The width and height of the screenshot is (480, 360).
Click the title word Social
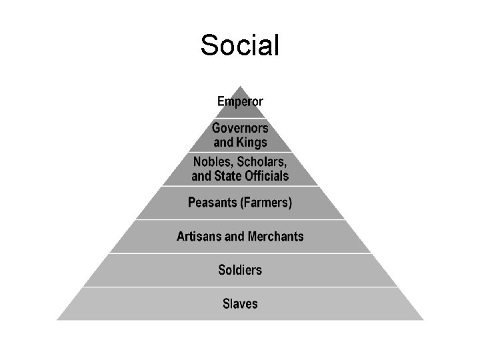point(240,45)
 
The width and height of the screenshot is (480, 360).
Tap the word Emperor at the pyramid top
point(240,101)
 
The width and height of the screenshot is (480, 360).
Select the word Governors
point(240,128)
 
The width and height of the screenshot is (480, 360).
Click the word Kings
point(251,143)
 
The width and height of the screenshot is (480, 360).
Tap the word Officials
point(267,176)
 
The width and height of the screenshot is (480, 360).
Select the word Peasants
point(212,203)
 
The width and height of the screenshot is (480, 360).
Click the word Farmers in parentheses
point(266,203)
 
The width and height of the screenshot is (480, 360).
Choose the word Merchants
point(276,236)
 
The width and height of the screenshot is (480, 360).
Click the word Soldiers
point(240,270)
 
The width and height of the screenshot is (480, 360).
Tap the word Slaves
point(240,304)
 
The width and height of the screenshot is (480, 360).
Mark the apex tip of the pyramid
point(240,86)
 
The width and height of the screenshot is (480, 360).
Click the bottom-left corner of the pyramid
point(57,320)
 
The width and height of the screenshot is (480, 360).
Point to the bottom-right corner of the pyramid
point(424,320)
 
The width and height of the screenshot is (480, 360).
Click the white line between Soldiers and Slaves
point(240,287)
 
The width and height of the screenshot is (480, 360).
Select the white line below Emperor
point(240,118)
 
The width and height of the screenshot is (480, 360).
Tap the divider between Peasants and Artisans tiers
point(240,219)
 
